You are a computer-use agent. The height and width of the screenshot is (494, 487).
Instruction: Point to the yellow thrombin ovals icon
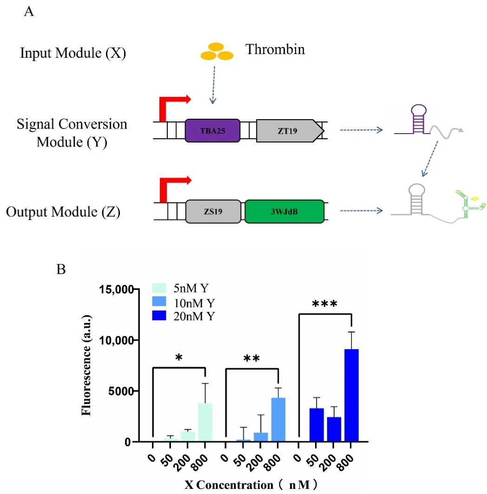coord(216,52)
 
